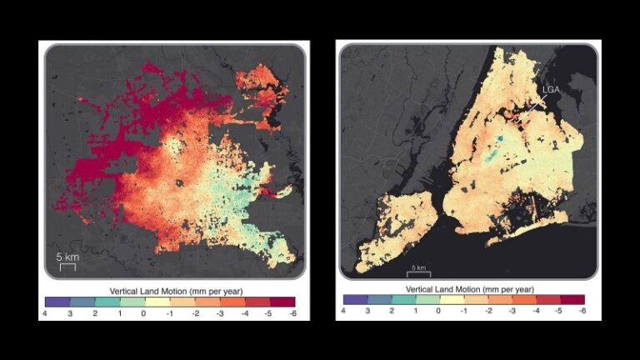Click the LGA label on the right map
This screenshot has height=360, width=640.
[x=551, y=89]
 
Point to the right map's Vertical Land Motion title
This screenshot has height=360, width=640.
[x=462, y=287]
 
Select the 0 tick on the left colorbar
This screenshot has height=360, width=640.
[x=144, y=314]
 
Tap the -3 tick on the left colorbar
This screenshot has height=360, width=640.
[x=219, y=314]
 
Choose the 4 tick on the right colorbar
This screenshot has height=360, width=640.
[x=343, y=311]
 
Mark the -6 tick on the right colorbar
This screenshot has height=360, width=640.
[x=582, y=311]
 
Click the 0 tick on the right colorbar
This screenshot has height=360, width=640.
[x=439, y=311]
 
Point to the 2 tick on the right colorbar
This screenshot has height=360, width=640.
[x=392, y=311]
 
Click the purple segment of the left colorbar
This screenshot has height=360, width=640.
[x=57, y=302]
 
